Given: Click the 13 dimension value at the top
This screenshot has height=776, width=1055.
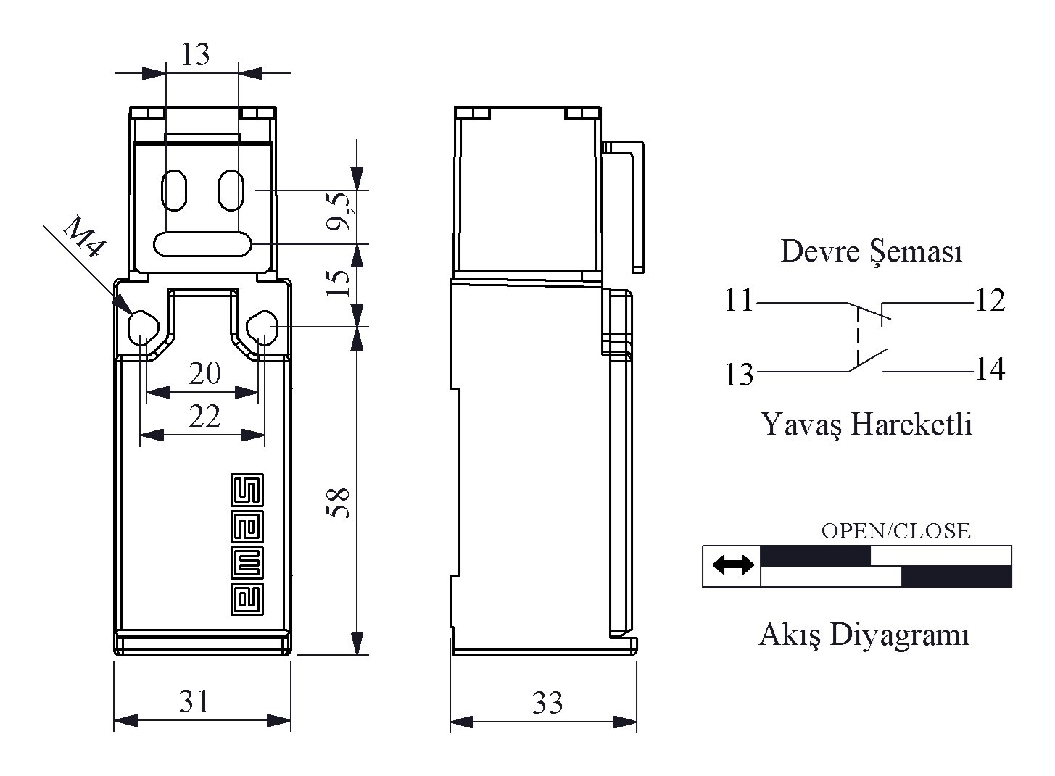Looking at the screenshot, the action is tap(195, 54).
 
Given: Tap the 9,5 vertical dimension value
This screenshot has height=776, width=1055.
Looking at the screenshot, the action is tap(340, 211).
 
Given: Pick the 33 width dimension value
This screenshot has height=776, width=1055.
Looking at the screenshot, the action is tap(547, 703).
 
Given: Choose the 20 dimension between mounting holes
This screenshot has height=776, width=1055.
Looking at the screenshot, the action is tap(205, 373).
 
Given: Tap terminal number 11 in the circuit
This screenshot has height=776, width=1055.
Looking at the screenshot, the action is tap(740, 300).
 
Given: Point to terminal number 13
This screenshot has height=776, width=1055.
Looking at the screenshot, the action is tap(740, 375).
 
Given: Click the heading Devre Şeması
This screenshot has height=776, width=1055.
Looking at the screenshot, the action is tap(872, 251).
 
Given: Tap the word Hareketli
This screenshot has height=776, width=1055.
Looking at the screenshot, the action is tap(912, 424).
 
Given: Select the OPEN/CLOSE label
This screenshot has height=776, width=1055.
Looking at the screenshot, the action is tap(896, 531).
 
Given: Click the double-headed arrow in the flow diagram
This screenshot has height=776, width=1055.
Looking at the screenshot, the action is tap(733, 564).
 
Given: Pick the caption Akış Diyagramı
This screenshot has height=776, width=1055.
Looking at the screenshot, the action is tap(864, 635).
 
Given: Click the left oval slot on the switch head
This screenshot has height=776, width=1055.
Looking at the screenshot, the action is tap(174, 190).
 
